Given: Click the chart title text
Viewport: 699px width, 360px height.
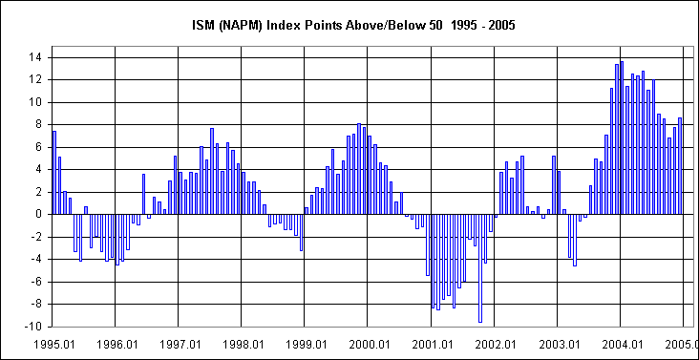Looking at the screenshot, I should tap(350, 25).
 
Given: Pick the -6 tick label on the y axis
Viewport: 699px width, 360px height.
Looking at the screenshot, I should tap(32, 282).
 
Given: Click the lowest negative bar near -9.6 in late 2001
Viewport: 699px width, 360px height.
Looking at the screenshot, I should tap(480, 267).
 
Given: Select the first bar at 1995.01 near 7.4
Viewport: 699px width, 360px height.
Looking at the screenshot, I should tap(54, 172).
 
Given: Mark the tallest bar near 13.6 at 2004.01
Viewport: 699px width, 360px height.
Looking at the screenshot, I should tap(622, 138).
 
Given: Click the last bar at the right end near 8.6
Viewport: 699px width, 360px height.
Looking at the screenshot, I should tap(680, 165).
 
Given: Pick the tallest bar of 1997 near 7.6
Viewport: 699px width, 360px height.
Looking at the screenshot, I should tap(212, 171).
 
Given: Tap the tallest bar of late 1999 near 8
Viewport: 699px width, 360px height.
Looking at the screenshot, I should tap(358, 168).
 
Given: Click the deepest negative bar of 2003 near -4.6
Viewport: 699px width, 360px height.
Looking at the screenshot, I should tap(575, 240).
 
